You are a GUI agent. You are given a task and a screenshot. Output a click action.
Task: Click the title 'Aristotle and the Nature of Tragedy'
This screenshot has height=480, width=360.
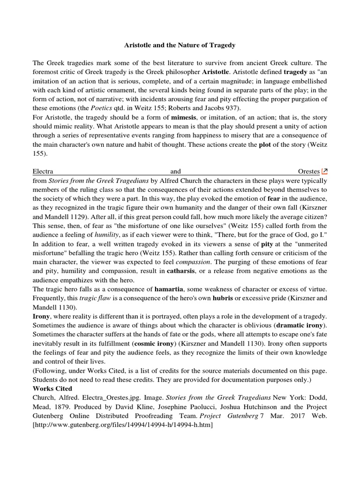click(180, 45)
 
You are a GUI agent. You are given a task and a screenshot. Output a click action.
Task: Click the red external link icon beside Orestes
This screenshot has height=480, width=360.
click(324, 172)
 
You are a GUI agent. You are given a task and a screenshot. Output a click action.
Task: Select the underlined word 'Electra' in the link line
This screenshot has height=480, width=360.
click(43, 172)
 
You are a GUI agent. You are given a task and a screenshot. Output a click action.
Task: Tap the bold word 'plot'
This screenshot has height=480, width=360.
click(266, 145)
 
